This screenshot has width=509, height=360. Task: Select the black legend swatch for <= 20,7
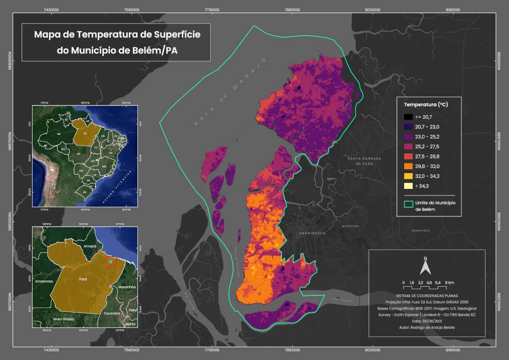[x=408, y=117]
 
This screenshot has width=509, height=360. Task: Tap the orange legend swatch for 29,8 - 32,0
[x=408, y=165]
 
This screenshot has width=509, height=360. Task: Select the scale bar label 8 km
[x=449, y=282]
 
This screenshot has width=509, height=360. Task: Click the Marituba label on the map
[x=351, y=226]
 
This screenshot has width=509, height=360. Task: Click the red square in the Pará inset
[x=111, y=262]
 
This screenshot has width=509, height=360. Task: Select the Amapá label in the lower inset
[x=90, y=245]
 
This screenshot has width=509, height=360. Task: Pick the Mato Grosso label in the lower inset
[x=57, y=318]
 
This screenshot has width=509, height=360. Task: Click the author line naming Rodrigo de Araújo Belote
[x=427, y=326]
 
